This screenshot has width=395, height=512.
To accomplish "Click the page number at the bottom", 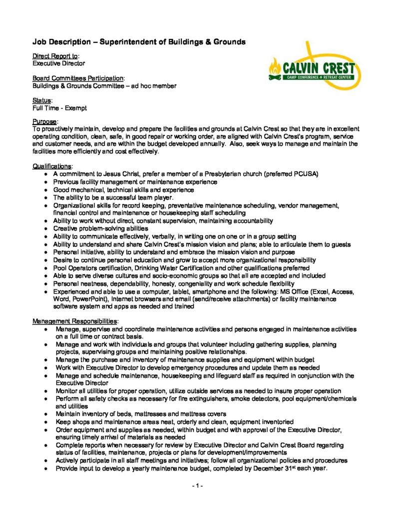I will click(x=197, y=485).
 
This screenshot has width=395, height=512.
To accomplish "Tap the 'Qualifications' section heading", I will click(x=52, y=166).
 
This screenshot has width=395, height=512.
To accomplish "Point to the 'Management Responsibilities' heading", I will click(x=76, y=320).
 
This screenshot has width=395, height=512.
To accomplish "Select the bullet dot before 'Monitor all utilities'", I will click(x=46, y=391).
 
